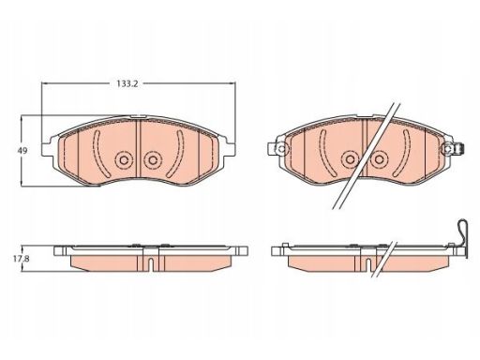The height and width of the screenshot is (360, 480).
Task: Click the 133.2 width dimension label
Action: (x=127, y=83)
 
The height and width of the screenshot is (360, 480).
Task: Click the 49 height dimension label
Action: (x=22, y=151)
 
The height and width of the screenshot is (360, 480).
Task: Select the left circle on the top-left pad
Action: (x=124, y=160)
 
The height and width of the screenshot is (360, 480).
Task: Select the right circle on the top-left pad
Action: (x=153, y=160)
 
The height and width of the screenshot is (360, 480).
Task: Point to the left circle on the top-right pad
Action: (x=351, y=159)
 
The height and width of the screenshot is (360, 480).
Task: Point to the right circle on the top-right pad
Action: (x=379, y=159)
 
